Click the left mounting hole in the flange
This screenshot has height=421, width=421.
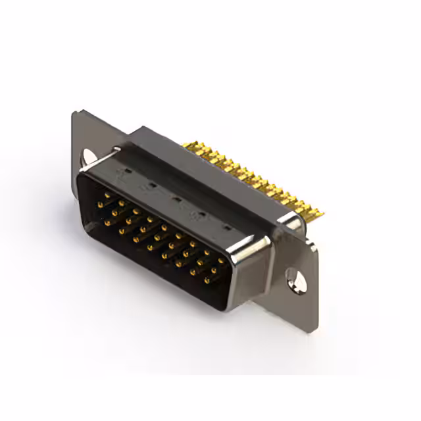coord(88,156)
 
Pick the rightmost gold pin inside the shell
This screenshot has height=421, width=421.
coord(222,260)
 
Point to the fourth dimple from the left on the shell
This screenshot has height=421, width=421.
coord(201,213)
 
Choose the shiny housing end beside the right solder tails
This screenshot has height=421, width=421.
coord(289,224)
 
